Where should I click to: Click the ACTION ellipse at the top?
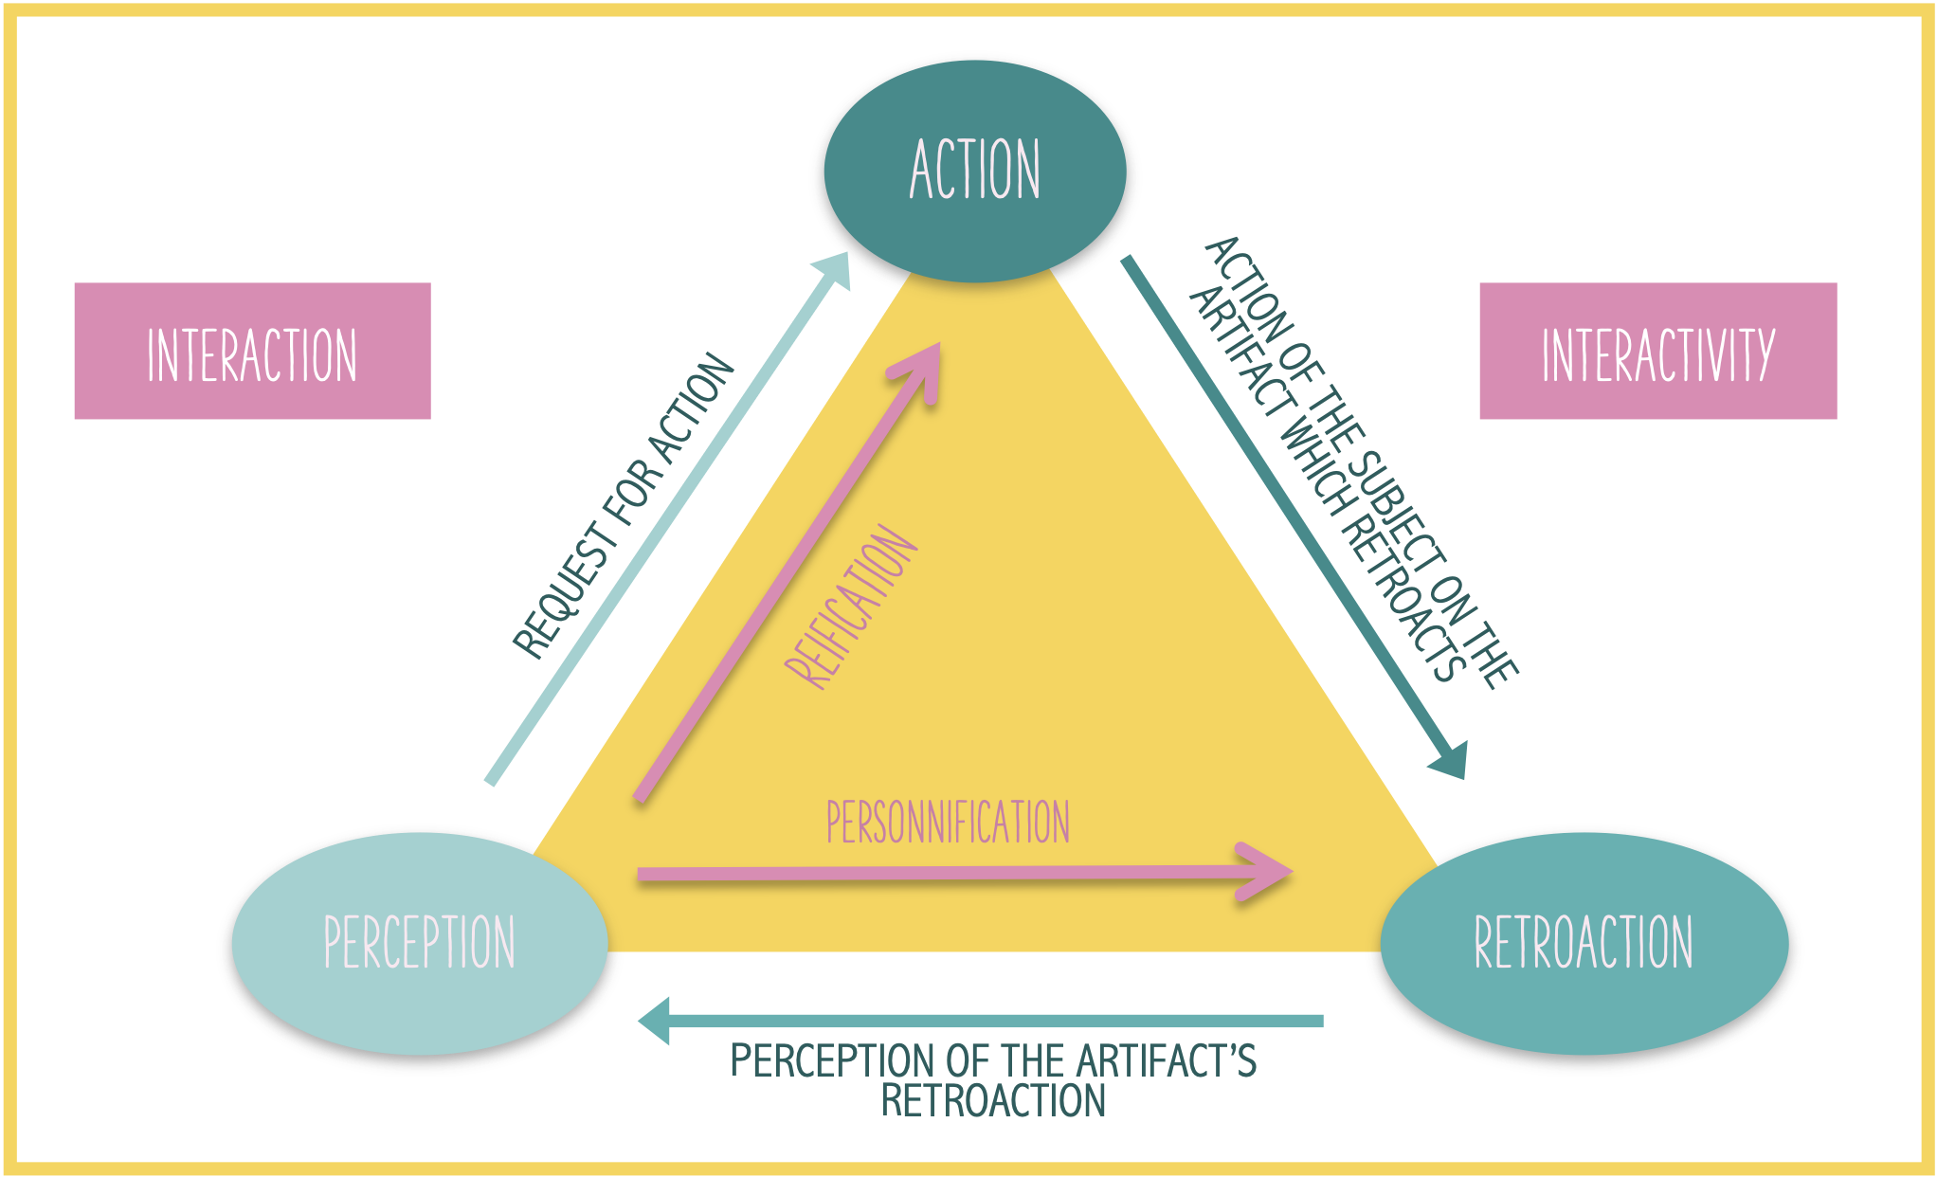coord(974,171)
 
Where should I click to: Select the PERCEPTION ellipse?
coord(419,943)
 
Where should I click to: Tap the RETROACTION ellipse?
coord(1583,943)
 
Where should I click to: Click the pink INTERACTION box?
coord(252,352)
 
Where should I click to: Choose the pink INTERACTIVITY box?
coord(1657,352)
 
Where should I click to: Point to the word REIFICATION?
coord(850,607)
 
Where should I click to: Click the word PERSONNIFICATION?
coord(948,822)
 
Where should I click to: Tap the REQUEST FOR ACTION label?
coord(624,507)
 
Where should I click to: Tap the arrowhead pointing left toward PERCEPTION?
coord(656,1021)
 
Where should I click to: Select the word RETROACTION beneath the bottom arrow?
coord(993,1101)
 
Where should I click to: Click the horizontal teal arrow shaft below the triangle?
coord(995,1021)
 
